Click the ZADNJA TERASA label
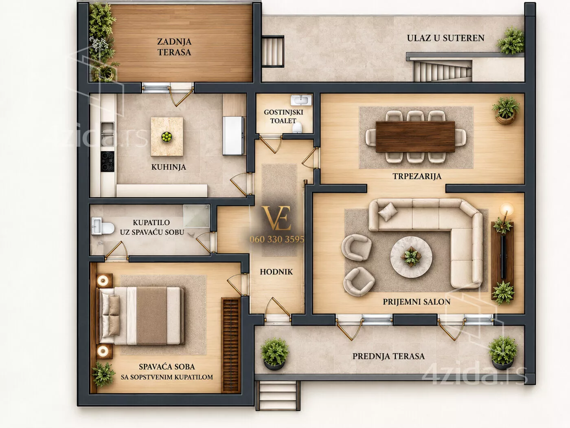coord(174,47)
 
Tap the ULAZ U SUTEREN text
coord(445,38)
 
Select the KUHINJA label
coord(169,167)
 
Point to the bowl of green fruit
coord(167,137)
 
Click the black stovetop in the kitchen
coord(107,161)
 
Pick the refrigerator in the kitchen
coord(233,136)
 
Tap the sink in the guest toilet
coord(301,100)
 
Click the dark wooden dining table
coord(415,137)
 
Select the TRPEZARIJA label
coord(417,176)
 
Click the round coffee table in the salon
coord(411,257)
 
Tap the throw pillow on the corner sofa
coord(388,212)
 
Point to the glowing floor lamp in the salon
coord(506,209)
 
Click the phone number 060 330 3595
coord(276,239)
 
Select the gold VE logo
coord(276,218)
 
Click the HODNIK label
coord(276,272)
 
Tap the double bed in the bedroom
coord(141,315)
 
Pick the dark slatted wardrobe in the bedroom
coord(230,345)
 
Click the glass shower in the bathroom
coord(196,216)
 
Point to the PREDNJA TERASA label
coord(388,356)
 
